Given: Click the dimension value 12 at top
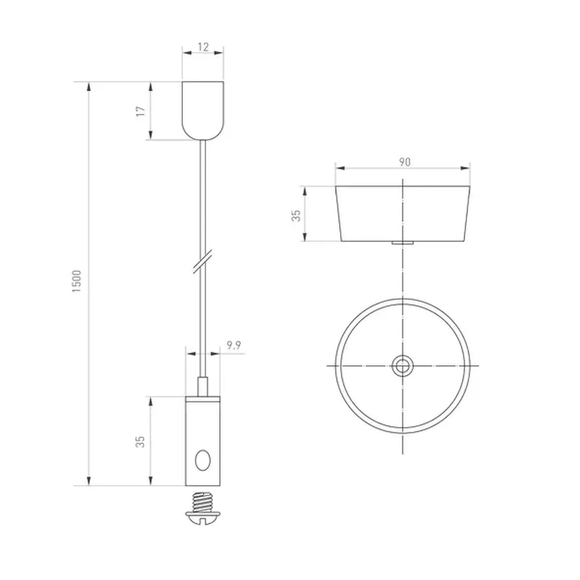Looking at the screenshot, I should pyautogui.click(x=203, y=47).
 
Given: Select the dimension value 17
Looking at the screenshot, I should pyautogui.click(x=140, y=111).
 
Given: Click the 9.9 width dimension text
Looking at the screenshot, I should pyautogui.click(x=233, y=345).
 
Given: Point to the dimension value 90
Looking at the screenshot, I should pyautogui.click(x=405, y=162).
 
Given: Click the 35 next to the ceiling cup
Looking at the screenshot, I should pyautogui.click(x=296, y=215).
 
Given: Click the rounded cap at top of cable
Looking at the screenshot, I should pyautogui.click(x=203, y=110).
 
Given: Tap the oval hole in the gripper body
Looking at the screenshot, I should pyautogui.click(x=203, y=460).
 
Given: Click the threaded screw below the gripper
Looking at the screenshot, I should pyautogui.click(x=202, y=501).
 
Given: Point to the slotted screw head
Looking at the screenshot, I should pyautogui.click(x=202, y=518).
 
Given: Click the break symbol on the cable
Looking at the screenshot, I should pyautogui.click(x=203, y=261).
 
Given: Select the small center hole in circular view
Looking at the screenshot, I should pyautogui.click(x=402, y=366).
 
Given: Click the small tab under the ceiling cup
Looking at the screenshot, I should pyautogui.click(x=402, y=242).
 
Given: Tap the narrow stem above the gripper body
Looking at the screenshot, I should pyautogui.click(x=202, y=387).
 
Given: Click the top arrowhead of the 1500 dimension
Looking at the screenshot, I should pyautogui.click(x=89, y=86).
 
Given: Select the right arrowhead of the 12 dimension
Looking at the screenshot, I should pyautogui.click(x=219, y=53).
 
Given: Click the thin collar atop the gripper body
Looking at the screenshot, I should pyautogui.click(x=202, y=399).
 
